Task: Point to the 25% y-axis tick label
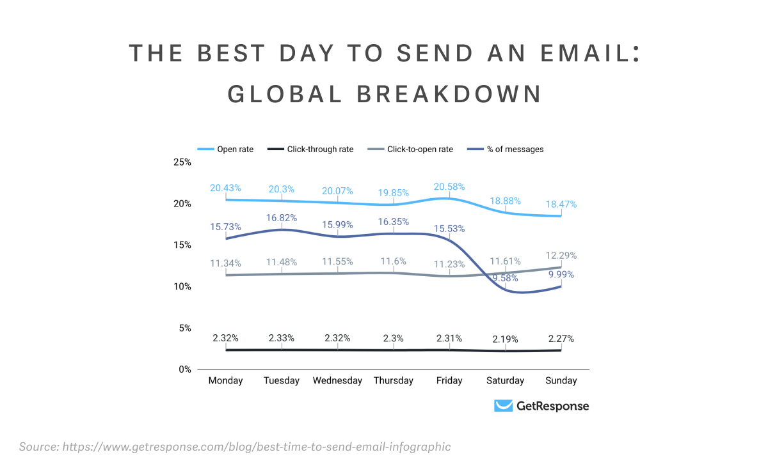[x=182, y=162]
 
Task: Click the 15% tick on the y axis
[x=182, y=245]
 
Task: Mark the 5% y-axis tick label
[x=185, y=328]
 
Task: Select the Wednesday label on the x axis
[x=337, y=381]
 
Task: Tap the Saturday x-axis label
[x=505, y=381]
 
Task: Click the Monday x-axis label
[x=225, y=381]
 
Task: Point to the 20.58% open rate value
[x=449, y=187]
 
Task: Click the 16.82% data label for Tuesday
[x=281, y=218]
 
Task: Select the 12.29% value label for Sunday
[x=561, y=256]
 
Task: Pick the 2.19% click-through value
[x=505, y=339]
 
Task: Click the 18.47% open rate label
[x=561, y=205]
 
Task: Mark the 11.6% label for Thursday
[x=393, y=262]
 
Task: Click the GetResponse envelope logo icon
[x=504, y=406]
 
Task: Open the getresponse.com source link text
[x=256, y=447]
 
